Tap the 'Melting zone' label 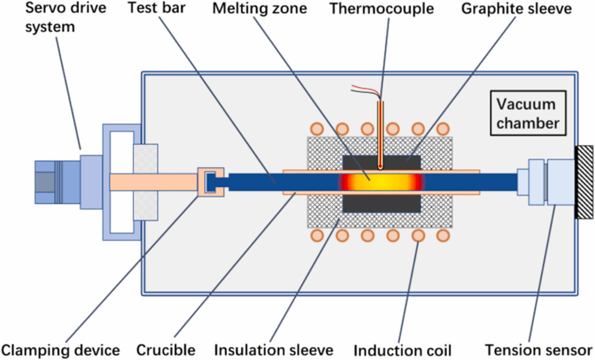coord(252,9)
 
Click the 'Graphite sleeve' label coord(516,9)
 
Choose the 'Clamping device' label coord(60,350)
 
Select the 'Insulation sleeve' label coord(274,350)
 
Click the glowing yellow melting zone coord(381,181)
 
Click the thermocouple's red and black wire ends coord(364,90)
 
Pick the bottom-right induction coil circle coord(443,235)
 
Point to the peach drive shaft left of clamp coord(153,181)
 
